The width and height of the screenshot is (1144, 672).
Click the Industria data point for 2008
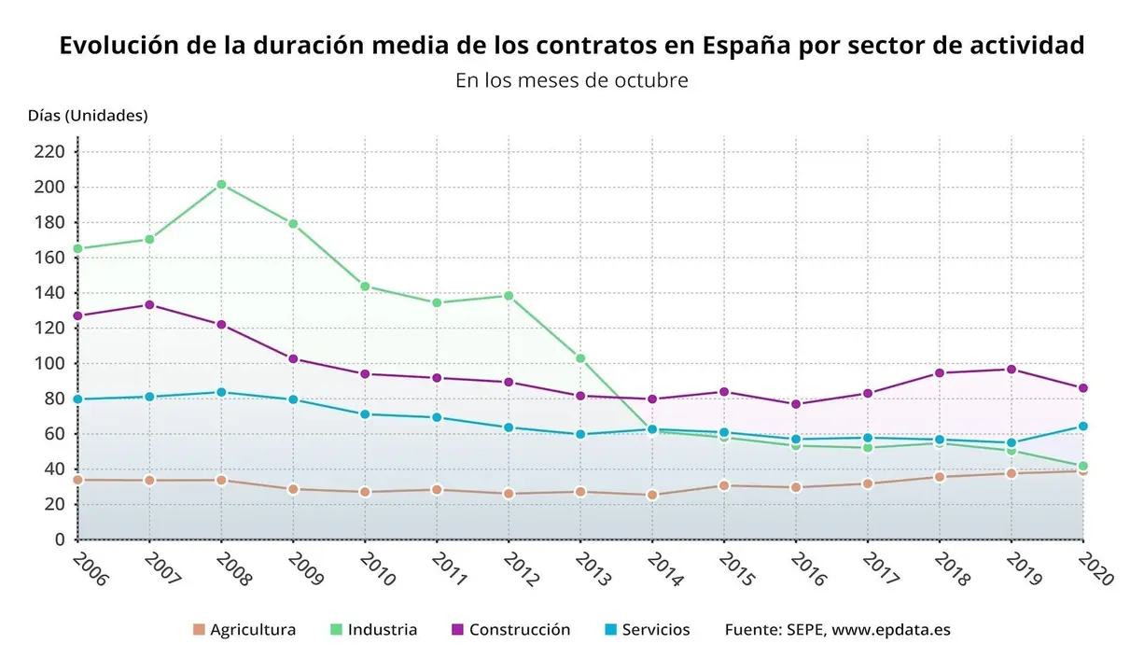click(x=221, y=185)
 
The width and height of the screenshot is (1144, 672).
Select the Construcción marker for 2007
click(x=149, y=305)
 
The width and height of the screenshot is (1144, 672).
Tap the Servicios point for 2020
click(x=1083, y=427)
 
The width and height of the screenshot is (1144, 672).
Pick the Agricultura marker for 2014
click(x=652, y=495)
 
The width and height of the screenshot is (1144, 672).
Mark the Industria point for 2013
click(x=580, y=358)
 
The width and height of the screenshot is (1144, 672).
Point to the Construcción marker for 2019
click(x=1011, y=370)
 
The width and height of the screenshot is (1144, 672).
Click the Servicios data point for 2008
click(x=221, y=392)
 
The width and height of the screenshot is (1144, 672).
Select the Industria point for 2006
click(x=77, y=248)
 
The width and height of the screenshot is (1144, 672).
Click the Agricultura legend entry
click(x=244, y=630)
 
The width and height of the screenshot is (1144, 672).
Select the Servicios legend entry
click(x=647, y=630)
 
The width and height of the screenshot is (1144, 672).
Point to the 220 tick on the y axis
click(x=50, y=151)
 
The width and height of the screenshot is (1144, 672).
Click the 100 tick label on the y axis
click(x=50, y=363)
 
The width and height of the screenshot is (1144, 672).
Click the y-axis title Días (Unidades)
click(x=88, y=116)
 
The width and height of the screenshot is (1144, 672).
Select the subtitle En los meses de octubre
click(x=571, y=80)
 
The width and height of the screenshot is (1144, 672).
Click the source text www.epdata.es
click(x=891, y=630)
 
